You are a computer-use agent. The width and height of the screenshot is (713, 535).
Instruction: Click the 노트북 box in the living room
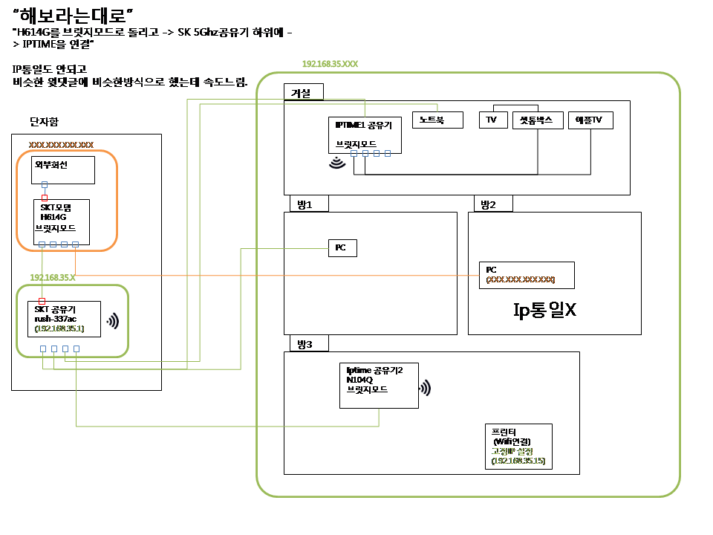437,120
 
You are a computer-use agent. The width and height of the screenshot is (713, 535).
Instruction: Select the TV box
492,120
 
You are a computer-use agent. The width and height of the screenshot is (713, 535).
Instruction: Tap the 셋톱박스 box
537,120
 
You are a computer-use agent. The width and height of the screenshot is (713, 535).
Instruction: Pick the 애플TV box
590,120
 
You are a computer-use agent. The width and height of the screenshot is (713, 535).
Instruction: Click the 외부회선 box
64,169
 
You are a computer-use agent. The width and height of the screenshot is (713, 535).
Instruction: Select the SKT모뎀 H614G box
62,221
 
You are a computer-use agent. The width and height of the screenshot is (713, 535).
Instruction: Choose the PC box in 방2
526,275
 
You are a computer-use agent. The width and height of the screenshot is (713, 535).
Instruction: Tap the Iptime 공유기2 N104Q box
379,385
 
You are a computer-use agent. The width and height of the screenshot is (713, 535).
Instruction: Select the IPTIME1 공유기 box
365,134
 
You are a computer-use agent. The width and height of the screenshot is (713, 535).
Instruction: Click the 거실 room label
304,91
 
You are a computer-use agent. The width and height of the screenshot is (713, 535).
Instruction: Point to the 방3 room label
306,343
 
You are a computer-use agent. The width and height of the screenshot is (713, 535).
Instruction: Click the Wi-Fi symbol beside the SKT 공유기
113,321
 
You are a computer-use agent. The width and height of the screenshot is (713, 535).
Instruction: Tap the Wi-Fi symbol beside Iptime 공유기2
426,388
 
